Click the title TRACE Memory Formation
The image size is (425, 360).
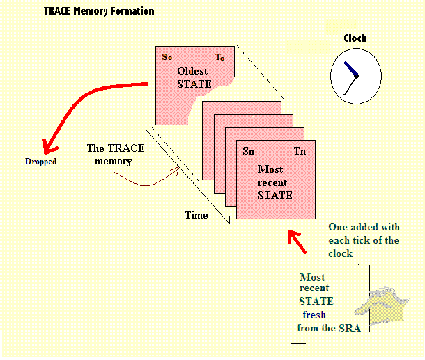[x=99, y=11]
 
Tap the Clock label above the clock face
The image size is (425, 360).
[x=355, y=38]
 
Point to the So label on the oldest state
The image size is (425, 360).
[x=167, y=57]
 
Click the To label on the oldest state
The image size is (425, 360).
[x=219, y=57]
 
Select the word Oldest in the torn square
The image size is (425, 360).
[x=193, y=72]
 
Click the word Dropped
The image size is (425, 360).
[x=40, y=162]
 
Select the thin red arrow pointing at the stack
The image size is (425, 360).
[x=146, y=182]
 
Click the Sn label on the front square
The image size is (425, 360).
[x=249, y=151]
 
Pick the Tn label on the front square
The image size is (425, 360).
[x=300, y=151]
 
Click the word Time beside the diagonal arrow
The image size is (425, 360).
[x=196, y=215]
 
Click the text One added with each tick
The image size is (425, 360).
[x=363, y=240]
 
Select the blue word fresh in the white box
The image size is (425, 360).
[x=314, y=315]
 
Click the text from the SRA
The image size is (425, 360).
[x=328, y=328]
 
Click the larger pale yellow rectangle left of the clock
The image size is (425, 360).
[x=307, y=46]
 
